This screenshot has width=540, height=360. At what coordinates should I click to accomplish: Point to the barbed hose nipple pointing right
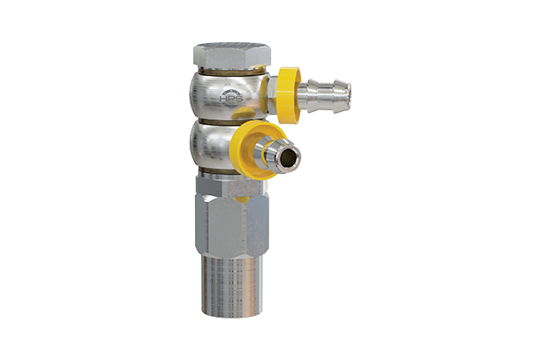point(325,90)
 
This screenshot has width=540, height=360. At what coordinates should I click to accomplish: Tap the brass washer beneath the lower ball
point(226,170)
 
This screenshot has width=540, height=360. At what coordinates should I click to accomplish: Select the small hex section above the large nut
point(226,183)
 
